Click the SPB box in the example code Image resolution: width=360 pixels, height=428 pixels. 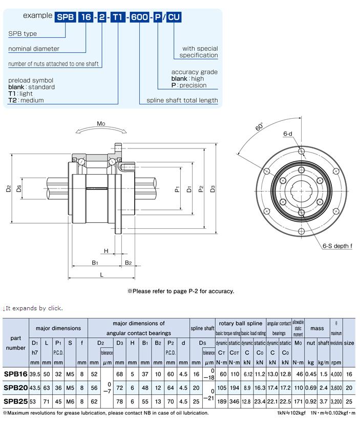[66, 17]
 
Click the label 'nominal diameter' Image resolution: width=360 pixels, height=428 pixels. [34, 49]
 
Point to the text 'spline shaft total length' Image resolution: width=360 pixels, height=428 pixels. [182, 100]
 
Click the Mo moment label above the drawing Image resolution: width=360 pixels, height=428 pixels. [101, 123]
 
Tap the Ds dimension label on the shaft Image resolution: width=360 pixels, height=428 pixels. [19, 189]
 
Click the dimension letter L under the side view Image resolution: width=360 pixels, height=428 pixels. [102, 275]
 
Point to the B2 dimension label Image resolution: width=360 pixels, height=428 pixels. [128, 263]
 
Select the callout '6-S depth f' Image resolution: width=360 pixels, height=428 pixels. [337, 246]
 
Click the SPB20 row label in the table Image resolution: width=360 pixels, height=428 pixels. [15, 388]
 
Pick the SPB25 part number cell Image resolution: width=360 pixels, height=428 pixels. [15, 401]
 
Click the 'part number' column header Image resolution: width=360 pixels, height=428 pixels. [15, 343]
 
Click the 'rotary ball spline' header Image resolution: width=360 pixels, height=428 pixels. [240, 323]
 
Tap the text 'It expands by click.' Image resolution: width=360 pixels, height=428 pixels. [34, 308]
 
